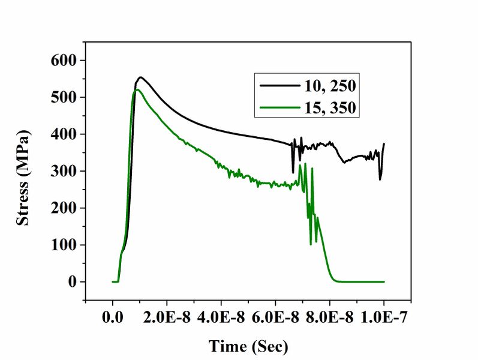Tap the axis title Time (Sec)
248,346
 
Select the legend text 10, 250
327,86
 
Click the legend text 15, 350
327,108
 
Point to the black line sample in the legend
279,86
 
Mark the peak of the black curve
140,77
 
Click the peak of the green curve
137,89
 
